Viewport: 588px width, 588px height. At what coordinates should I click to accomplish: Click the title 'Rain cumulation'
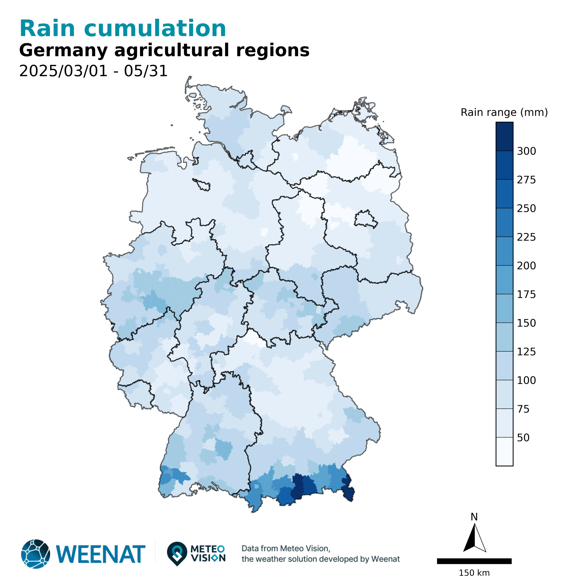tap(123, 29)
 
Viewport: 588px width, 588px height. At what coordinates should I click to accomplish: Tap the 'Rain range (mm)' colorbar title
tap(504, 112)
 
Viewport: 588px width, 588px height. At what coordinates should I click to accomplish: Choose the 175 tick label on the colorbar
tap(526, 294)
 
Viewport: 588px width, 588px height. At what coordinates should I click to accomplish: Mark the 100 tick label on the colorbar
tap(526, 380)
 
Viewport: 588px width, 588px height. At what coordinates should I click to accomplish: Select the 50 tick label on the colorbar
tap(523, 437)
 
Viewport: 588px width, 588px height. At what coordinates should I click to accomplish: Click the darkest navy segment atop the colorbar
tap(504, 136)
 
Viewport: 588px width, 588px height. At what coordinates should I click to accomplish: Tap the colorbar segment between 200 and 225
tap(504, 251)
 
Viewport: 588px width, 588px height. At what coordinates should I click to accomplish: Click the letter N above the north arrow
tap(474, 517)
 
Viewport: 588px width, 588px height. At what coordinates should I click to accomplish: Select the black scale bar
tap(474, 561)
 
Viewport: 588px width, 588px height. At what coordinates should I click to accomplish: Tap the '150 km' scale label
tap(474, 573)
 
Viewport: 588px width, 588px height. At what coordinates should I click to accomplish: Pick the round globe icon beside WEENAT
tap(35, 554)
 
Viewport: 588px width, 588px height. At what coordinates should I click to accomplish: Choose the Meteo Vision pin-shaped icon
tap(177, 553)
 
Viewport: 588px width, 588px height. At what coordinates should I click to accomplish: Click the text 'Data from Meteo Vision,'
tap(286, 548)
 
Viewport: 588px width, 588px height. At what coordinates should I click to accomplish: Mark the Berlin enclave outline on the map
tap(365, 218)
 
